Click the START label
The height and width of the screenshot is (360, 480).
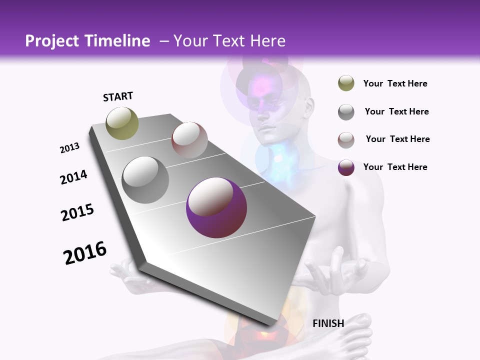point(118,96)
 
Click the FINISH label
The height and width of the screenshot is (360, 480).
point(328,323)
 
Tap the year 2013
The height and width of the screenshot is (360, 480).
point(70,148)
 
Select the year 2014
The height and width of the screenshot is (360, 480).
point(74,177)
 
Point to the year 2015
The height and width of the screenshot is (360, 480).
point(77,212)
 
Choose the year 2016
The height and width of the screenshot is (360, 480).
point(85,253)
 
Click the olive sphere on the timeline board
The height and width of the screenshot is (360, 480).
point(122,123)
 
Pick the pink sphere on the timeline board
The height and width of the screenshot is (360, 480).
point(189,140)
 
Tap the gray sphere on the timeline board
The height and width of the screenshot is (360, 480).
point(145,179)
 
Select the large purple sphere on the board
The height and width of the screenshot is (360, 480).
point(216,207)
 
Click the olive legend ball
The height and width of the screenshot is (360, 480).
point(346,83)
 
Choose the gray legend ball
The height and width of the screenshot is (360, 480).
point(346,112)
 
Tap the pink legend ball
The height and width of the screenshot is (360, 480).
point(346,140)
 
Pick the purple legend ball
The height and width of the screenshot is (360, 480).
point(346,167)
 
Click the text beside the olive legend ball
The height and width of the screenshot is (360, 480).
point(395,84)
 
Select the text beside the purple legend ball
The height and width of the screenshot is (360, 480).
point(395,167)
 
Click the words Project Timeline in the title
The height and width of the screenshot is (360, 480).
point(87,41)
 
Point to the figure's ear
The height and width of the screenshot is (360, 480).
point(308,105)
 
